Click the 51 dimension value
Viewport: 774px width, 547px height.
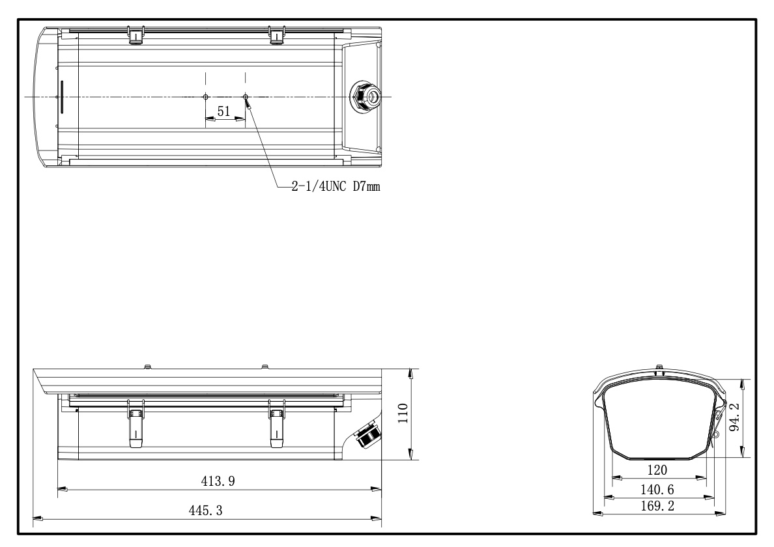pyautogui.click(x=223, y=111)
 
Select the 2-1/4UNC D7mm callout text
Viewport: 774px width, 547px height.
pyautogui.click(x=336, y=186)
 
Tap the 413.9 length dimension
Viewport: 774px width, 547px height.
pyautogui.click(x=218, y=481)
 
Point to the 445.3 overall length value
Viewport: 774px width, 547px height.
pyautogui.click(x=206, y=510)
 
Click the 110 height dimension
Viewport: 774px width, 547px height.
pyautogui.click(x=403, y=414)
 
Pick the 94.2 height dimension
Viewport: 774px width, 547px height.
pyautogui.click(x=734, y=417)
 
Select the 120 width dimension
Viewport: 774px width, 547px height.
pyautogui.click(x=657, y=470)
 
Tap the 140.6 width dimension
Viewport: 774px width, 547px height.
pyautogui.click(x=657, y=489)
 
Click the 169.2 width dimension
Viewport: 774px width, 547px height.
pyautogui.click(x=657, y=505)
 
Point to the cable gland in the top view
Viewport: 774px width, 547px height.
pyautogui.click(x=365, y=96)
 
